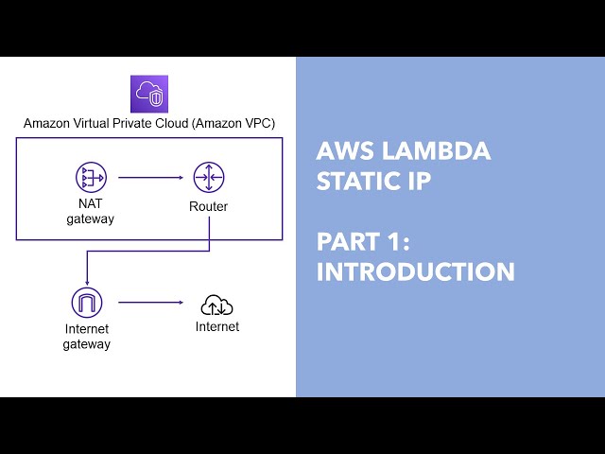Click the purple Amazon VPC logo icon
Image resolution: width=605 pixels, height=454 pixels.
pyautogui.click(x=148, y=94)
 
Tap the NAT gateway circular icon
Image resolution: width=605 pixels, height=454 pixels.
pyautogui.click(x=91, y=177)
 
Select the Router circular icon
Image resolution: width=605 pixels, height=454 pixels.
pyautogui.click(x=208, y=177)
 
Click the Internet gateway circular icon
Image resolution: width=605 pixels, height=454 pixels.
pyautogui.click(x=86, y=303)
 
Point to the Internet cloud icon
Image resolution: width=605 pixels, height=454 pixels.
pyautogui.click(x=216, y=306)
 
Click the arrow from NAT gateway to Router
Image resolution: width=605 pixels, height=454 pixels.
pyautogui.click(x=150, y=177)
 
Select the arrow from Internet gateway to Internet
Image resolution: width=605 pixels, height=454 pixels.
pyautogui.click(x=150, y=303)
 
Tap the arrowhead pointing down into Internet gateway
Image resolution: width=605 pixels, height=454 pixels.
pyautogui.click(x=86, y=282)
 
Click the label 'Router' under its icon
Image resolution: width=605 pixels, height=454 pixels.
pyautogui.click(x=208, y=206)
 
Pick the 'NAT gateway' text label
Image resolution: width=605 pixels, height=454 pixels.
pyautogui.click(x=90, y=213)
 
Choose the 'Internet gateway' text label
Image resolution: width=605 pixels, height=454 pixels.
pyautogui.click(x=86, y=337)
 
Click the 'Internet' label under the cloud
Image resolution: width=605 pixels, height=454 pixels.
pyautogui.click(x=217, y=327)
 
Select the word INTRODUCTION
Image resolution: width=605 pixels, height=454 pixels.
pyautogui.click(x=415, y=271)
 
